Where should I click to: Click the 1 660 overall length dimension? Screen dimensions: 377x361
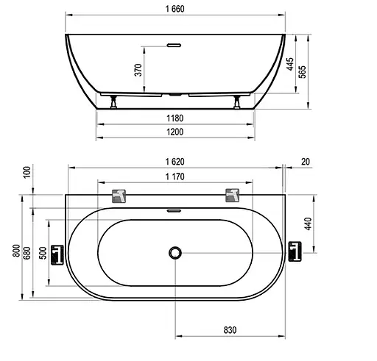coord(175,9)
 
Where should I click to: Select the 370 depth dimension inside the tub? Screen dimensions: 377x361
coord(138,70)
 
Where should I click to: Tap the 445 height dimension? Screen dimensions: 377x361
coord(290,64)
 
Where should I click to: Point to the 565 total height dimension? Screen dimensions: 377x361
coord(303,71)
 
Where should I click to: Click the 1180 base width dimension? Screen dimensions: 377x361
coord(175,118)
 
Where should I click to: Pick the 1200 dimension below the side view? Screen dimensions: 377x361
coord(175,132)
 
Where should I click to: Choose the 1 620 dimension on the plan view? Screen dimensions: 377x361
coord(175,162)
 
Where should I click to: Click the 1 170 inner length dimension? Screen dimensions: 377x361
coord(175,176)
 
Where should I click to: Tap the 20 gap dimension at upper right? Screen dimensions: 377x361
coord(306,162)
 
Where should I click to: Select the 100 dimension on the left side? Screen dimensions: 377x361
coord(27,172)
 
